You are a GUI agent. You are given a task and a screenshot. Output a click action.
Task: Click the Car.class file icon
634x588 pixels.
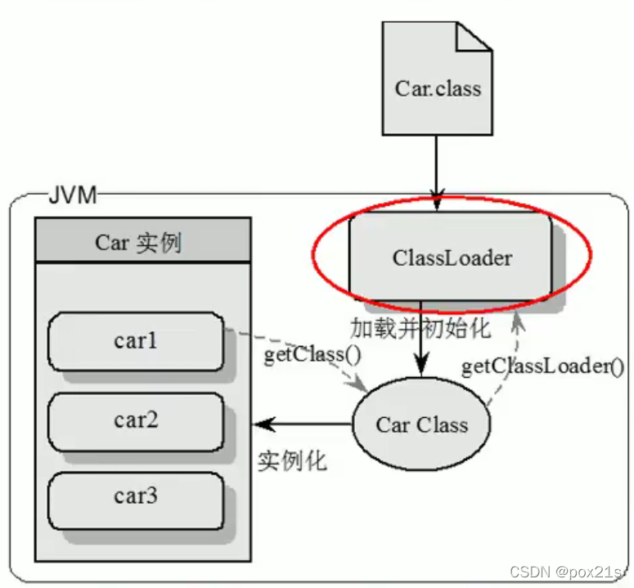click(438, 86)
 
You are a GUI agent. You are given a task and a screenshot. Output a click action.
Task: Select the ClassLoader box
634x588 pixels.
click(451, 258)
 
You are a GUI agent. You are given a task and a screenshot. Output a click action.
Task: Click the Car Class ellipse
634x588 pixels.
click(421, 425)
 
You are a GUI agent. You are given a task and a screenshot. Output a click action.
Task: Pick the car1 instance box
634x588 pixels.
click(136, 340)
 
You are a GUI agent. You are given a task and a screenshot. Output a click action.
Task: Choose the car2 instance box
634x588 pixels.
click(136, 420)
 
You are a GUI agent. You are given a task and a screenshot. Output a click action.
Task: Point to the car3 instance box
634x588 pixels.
click(136, 496)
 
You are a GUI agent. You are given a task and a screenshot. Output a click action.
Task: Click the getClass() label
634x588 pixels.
click(301, 357)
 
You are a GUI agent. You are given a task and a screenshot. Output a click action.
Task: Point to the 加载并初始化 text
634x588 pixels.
click(420, 329)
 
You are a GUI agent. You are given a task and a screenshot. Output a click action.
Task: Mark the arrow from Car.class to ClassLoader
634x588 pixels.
click(437, 168)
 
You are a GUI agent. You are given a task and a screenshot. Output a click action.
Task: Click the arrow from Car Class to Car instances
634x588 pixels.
click(303, 424)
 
